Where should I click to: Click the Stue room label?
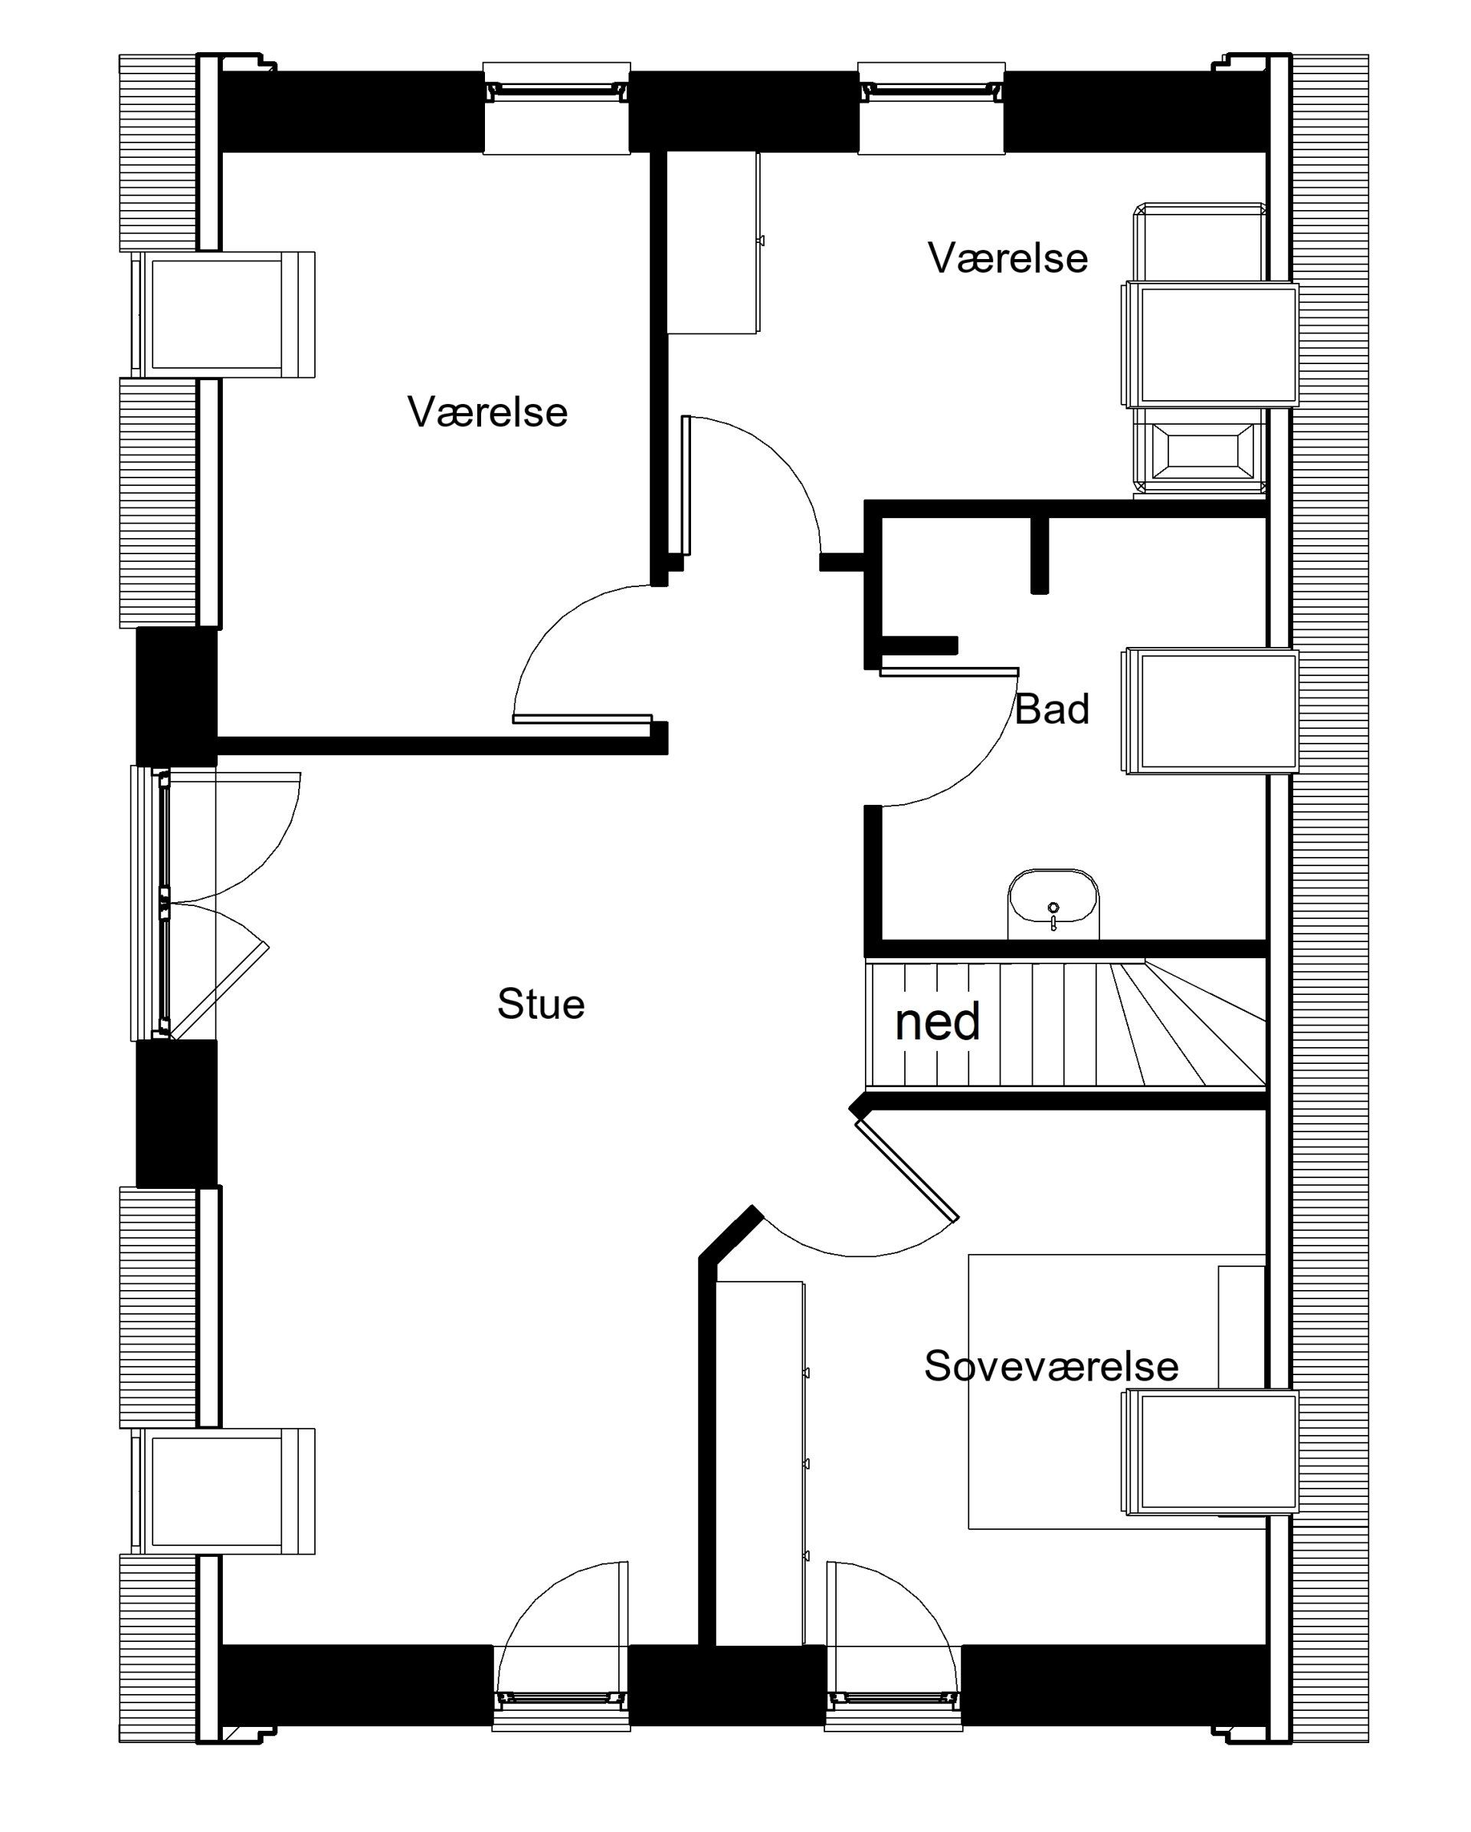[541, 1004]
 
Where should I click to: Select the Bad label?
[1051, 709]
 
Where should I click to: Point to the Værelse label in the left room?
[487, 412]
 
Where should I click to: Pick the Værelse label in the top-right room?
[1007, 258]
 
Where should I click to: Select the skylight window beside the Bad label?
[1211, 711]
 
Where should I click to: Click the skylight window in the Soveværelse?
[1211, 1452]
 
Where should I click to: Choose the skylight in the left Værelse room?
[222, 314]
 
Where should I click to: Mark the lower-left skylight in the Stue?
[222, 1490]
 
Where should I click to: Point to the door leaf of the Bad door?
[948, 671]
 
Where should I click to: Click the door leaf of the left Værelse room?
[582, 719]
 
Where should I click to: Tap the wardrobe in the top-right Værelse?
[713, 242]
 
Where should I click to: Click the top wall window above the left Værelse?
[556, 109]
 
